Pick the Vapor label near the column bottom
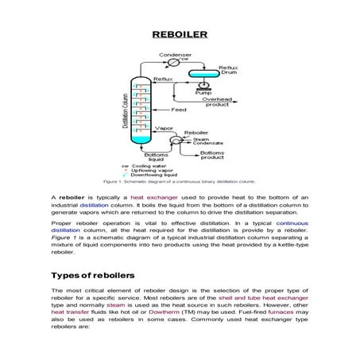click(164, 127)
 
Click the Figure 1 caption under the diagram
click(180, 182)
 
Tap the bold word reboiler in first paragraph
click(72, 195)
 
